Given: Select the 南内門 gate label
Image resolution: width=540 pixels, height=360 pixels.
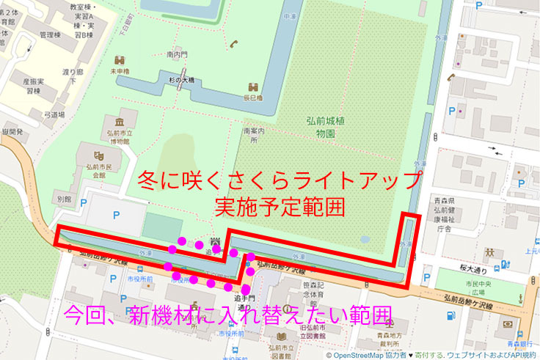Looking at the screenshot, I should [178, 54].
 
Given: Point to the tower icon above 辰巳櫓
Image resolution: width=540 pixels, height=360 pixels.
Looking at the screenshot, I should [253, 86].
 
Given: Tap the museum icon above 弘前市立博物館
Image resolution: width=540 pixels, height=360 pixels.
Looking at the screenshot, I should [119, 121].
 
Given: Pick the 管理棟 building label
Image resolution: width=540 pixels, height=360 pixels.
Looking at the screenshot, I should [50, 35].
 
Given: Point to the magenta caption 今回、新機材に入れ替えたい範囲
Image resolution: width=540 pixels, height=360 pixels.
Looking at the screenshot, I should [227, 316].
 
